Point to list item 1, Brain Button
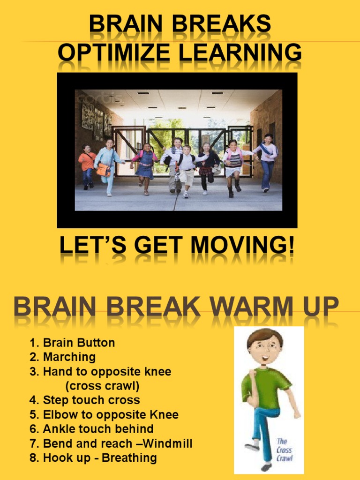(73, 343)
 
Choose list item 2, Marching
(63, 357)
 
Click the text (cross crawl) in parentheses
(102, 386)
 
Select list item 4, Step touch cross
(85, 400)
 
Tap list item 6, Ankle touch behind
(92, 429)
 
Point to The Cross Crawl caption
(285, 450)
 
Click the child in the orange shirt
(87, 166)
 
